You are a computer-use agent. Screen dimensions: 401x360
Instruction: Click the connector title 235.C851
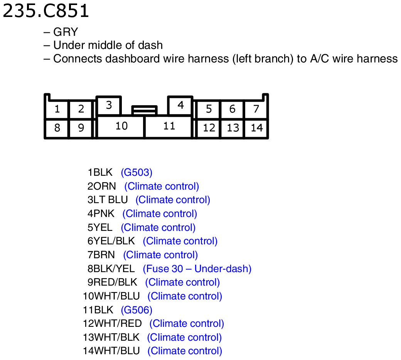[46, 11]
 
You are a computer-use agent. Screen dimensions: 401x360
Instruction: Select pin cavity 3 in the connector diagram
[109, 105]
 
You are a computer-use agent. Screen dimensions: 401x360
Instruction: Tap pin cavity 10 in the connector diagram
[121, 127]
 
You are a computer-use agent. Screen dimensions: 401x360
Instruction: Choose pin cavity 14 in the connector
[256, 128]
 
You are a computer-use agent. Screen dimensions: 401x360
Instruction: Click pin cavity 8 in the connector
[57, 128]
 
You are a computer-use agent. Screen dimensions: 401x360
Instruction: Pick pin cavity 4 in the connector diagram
[180, 105]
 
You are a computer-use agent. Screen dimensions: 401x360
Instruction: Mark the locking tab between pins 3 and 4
[145, 110]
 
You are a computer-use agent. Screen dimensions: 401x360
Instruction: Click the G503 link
[136, 172]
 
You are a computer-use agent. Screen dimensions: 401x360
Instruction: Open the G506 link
[136, 310]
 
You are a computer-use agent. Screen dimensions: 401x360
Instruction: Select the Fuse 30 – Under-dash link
[197, 269]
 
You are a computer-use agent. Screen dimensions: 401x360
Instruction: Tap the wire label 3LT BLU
[108, 200]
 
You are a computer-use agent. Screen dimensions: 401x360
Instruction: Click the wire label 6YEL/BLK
[111, 241]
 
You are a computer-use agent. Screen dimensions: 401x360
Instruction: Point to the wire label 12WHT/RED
[112, 323]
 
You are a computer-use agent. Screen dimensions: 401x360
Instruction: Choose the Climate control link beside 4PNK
[160, 214]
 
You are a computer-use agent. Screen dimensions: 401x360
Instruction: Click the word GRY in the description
[66, 32]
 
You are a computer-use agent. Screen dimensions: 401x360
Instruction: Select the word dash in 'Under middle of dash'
[150, 45]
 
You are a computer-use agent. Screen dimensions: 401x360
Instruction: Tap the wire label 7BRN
[101, 255]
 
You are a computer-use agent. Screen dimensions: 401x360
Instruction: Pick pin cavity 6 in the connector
[232, 109]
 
